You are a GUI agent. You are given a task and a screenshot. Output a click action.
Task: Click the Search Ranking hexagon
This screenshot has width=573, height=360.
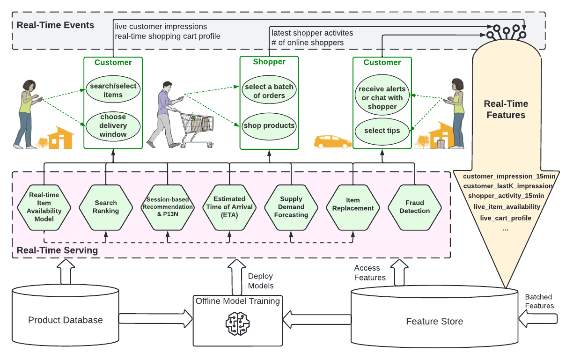(x=106, y=207)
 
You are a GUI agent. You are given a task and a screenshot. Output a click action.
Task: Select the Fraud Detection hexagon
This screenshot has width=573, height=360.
(x=414, y=207)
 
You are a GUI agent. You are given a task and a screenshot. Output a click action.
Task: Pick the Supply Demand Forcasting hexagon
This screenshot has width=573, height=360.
(x=291, y=207)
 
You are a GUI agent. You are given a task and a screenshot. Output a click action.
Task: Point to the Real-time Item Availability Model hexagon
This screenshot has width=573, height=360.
(x=44, y=207)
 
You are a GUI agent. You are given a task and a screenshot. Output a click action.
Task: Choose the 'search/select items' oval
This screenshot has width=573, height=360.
(x=113, y=90)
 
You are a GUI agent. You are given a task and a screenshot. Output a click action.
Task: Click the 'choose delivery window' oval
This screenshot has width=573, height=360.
(x=113, y=125)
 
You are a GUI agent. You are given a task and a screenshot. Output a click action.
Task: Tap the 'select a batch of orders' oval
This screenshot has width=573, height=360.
(x=269, y=91)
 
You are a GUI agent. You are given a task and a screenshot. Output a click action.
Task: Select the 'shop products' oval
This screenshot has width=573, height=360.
(x=269, y=125)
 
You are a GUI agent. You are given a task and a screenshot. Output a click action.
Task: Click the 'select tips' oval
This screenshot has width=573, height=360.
(x=382, y=131)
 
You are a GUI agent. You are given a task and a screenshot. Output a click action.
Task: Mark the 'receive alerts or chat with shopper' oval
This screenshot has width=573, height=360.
(x=382, y=98)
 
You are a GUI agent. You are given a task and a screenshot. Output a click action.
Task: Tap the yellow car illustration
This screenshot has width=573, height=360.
(x=332, y=141)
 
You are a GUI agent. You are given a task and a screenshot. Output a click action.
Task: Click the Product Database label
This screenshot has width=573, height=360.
(x=65, y=320)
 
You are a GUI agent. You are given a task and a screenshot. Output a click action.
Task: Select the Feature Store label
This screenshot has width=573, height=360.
(x=434, y=321)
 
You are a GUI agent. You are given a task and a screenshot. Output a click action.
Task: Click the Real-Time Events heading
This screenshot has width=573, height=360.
(x=55, y=25)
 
